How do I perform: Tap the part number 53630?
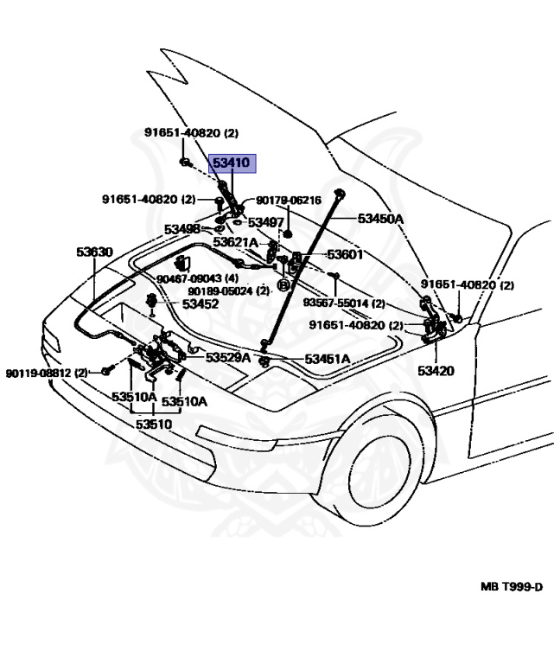pyautogui.click(x=94, y=252)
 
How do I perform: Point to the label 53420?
pyautogui.click(x=436, y=371)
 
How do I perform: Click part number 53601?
pyautogui.click(x=344, y=255)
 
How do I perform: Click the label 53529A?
pyautogui.click(x=228, y=357)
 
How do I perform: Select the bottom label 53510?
pyautogui.click(x=153, y=425)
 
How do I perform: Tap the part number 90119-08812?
pyautogui.click(x=40, y=373)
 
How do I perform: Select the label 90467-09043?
pyautogui.click(x=189, y=278)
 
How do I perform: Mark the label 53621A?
pyautogui.click(x=236, y=242)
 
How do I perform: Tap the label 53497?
pyautogui.click(x=266, y=222)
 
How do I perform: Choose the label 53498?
pyautogui.click(x=183, y=229)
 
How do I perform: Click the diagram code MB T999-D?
pyautogui.click(x=512, y=586)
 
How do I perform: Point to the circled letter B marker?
pyautogui.click(x=282, y=285)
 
